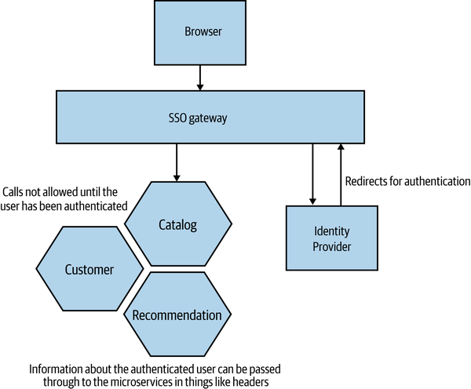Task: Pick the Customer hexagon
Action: (90, 269)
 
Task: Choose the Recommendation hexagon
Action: (177, 315)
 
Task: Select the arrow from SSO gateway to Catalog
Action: (178, 162)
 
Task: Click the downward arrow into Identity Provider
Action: (312, 176)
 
